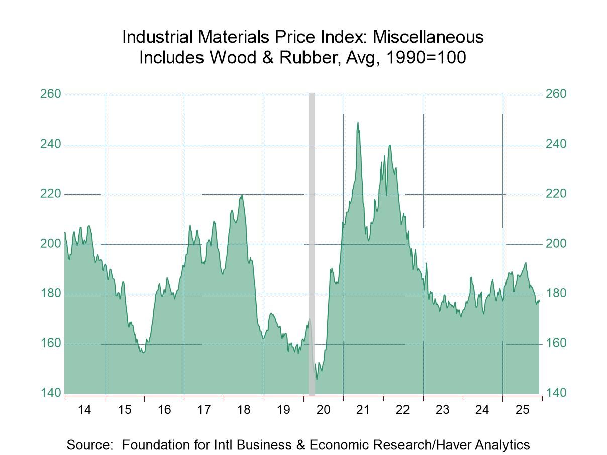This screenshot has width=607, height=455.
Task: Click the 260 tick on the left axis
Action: click(50, 94)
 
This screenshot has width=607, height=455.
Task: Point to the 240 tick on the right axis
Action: click(556, 144)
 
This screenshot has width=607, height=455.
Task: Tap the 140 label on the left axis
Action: click(50, 393)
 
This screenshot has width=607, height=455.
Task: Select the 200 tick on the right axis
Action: click(556, 244)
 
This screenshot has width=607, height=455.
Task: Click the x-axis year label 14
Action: click(84, 410)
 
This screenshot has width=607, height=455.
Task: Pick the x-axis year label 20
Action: click(323, 410)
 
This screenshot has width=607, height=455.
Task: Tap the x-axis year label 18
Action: click(244, 410)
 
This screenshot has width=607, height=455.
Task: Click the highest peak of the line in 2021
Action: click(358, 122)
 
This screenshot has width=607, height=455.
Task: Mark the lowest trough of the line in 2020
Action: click(316, 379)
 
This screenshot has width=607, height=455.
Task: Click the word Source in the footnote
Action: click(89, 444)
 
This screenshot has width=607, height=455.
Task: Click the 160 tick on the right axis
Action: click(556, 344)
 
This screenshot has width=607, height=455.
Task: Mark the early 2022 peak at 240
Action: click(389, 145)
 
